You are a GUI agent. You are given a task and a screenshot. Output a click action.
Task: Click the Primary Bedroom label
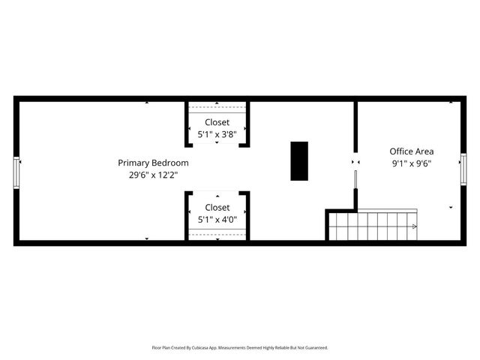pyautogui.click(x=153, y=163)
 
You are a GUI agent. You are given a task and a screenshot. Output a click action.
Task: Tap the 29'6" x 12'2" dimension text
pyautogui.click(x=153, y=175)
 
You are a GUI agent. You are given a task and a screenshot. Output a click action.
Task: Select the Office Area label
pyautogui.click(x=411, y=151)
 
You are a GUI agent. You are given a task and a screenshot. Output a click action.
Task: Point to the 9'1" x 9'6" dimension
pyautogui.click(x=411, y=163)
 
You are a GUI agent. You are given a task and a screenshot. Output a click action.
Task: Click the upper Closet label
pyautogui.click(x=217, y=122)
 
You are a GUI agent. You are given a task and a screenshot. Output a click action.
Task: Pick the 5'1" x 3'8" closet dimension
pyautogui.click(x=217, y=134)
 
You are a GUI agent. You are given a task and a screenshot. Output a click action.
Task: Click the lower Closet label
pyautogui.click(x=217, y=208)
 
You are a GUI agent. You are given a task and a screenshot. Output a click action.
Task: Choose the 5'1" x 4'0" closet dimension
pyautogui.click(x=217, y=220)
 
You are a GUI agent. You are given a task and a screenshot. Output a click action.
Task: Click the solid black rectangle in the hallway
pyautogui.click(x=299, y=160)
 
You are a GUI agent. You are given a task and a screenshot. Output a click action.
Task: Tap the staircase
pyautogui.click(x=371, y=226)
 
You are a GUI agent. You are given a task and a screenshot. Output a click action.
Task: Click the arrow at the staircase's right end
pyautogui.click(x=413, y=226)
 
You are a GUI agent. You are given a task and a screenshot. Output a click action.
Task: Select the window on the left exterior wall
pyautogui.click(x=16, y=172)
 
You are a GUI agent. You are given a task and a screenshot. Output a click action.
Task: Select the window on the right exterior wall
pyautogui.click(x=463, y=172)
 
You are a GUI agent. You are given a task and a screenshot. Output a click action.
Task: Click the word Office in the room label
pyautogui.click(x=400, y=151)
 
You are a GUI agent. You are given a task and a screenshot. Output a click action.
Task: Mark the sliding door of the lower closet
pyautogui.click(x=217, y=235)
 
